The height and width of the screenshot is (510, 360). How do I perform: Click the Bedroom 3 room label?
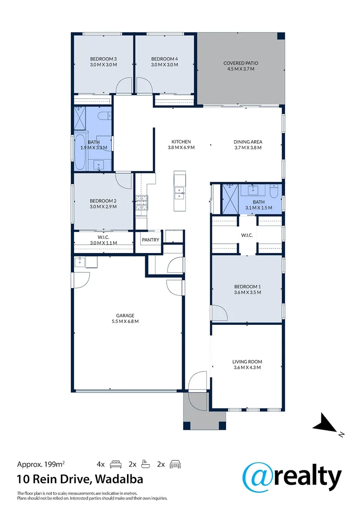[x=103, y=59]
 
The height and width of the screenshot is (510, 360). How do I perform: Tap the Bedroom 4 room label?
[x=164, y=59]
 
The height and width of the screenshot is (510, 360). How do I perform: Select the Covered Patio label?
[x=241, y=63]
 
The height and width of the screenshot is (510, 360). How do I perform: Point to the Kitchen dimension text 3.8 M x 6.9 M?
[x=181, y=147]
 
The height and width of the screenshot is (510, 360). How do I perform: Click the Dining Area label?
[x=248, y=142]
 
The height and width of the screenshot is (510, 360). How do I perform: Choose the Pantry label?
[x=151, y=240]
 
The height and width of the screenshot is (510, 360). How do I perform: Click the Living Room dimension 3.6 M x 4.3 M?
[x=246, y=367]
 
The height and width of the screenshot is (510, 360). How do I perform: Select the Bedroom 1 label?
[x=247, y=286]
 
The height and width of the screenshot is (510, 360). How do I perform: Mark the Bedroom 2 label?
[x=103, y=201]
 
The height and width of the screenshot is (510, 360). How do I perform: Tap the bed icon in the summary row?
[x=116, y=464]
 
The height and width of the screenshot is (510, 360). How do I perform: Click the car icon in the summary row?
[x=175, y=464]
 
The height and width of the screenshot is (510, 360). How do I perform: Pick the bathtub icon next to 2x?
[x=145, y=464]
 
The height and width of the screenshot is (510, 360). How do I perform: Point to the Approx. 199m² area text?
[x=41, y=464]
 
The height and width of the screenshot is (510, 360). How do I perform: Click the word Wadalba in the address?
[x=119, y=479]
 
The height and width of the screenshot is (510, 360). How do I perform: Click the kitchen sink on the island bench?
[x=179, y=191]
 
